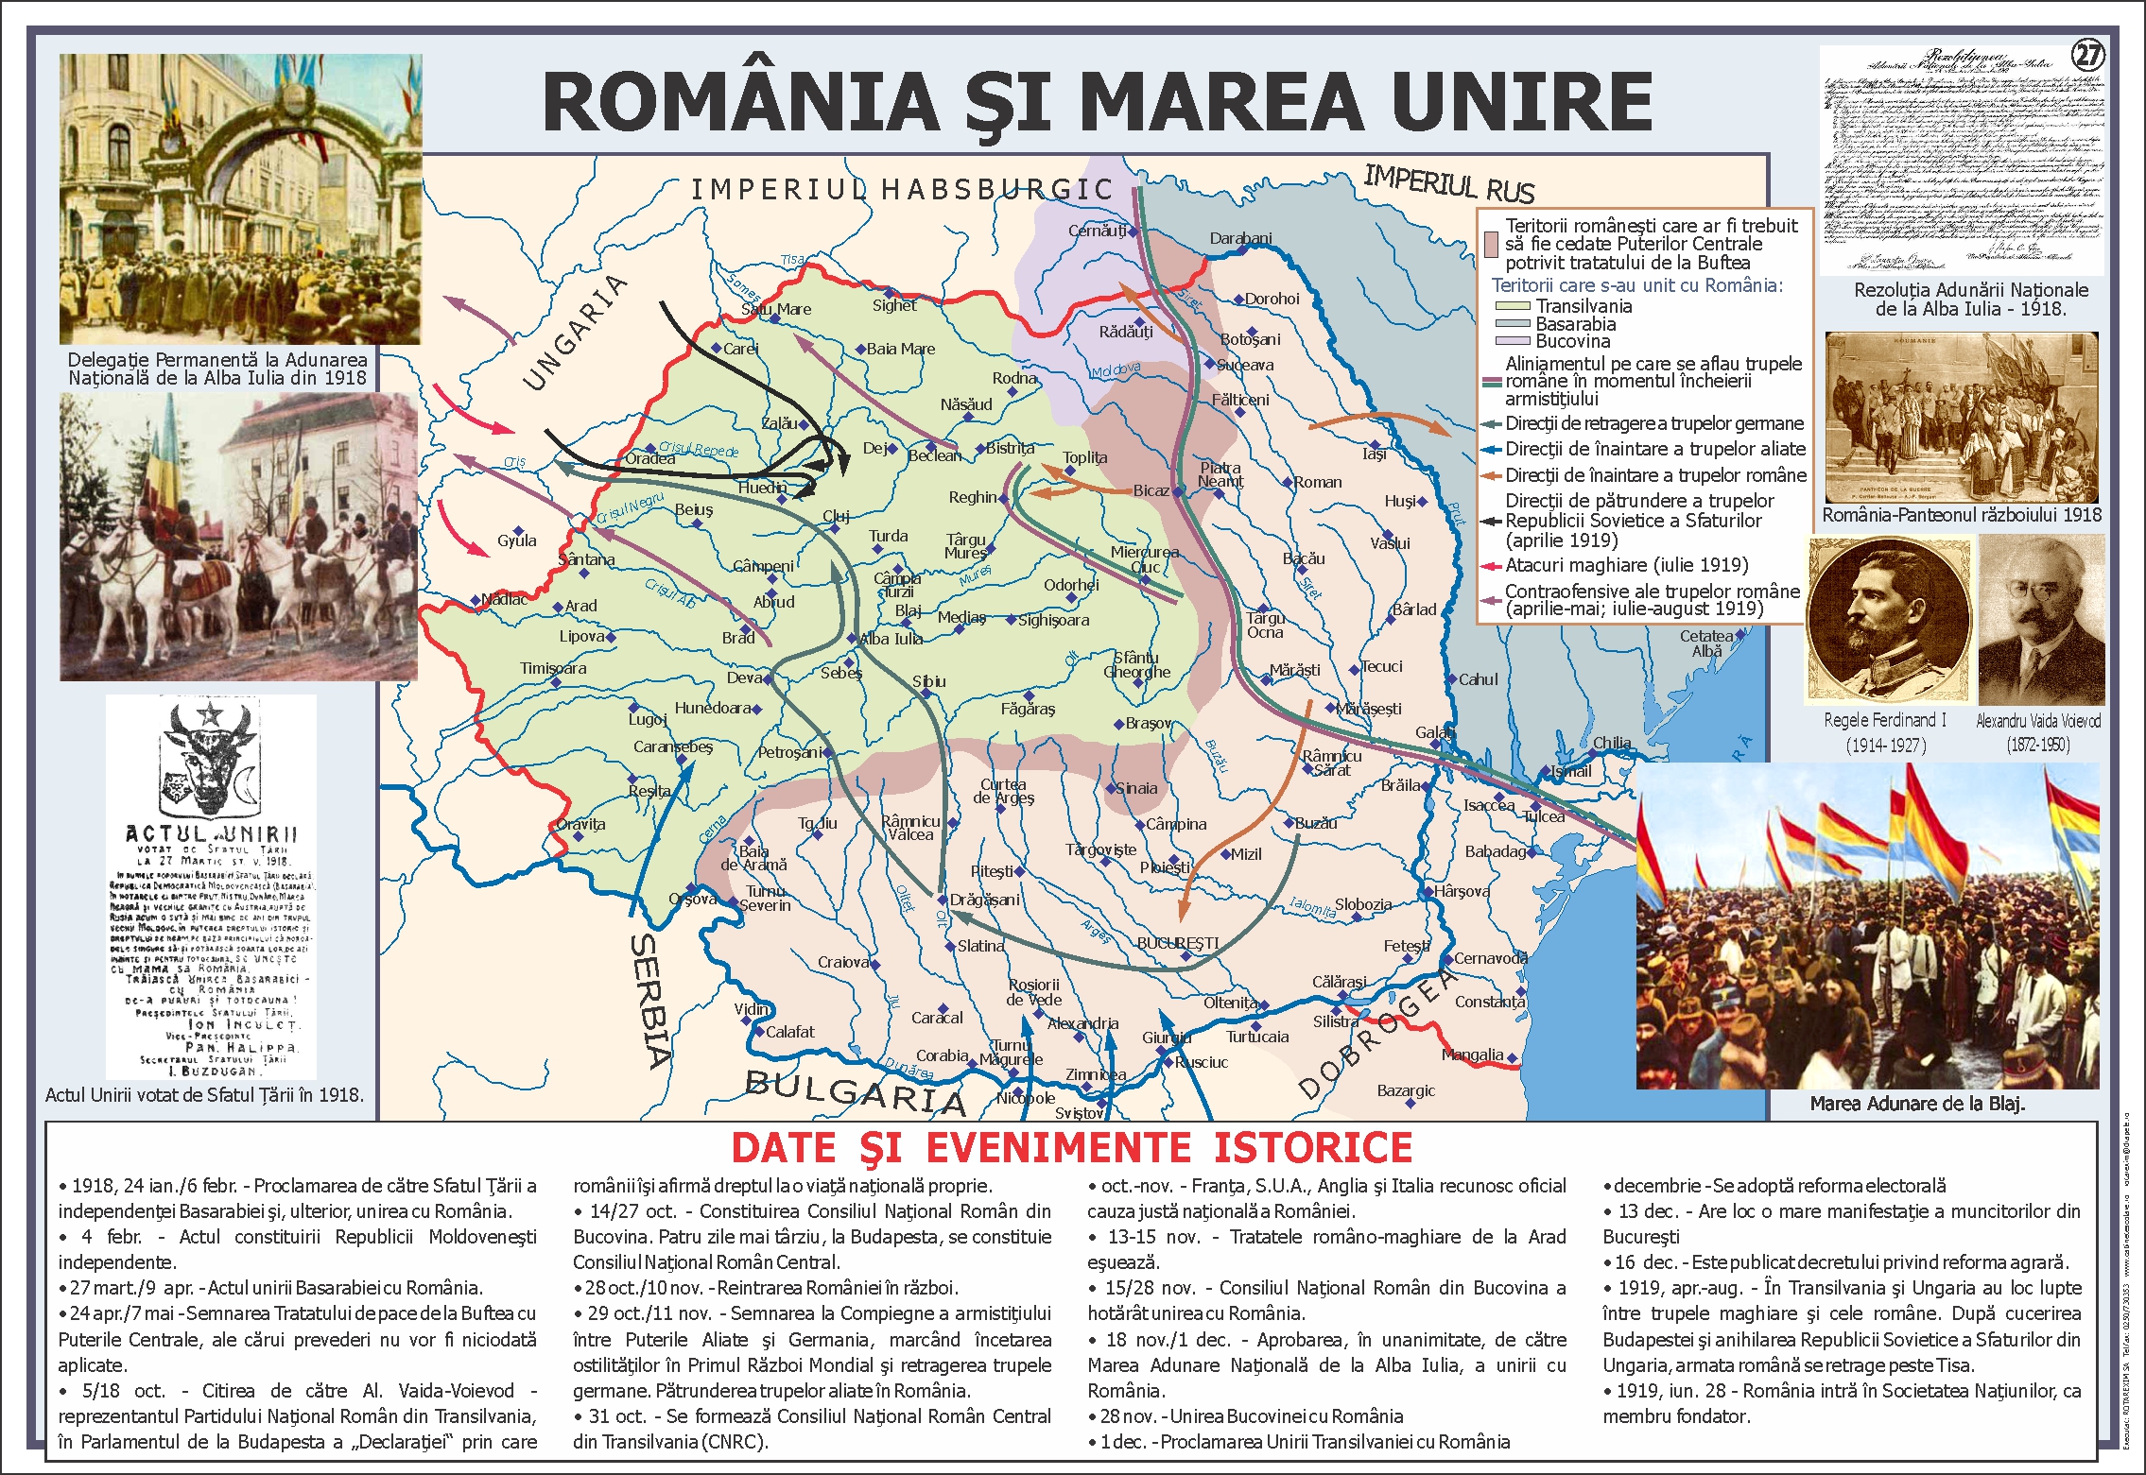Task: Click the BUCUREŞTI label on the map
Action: click(x=1177, y=943)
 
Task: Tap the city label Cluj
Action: click(x=836, y=516)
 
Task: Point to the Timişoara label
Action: click(x=553, y=668)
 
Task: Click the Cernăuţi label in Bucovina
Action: click(x=1097, y=231)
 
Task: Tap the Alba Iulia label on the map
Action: click(x=891, y=639)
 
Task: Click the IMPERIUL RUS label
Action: click(x=1448, y=182)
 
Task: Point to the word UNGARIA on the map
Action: click(x=574, y=333)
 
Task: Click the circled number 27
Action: click(x=2087, y=56)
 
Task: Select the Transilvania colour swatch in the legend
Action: click(x=1512, y=306)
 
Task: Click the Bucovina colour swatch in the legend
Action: click(x=1512, y=341)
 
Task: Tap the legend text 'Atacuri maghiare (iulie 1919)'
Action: click(x=1626, y=565)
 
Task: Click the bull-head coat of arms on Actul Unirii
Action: click(x=210, y=756)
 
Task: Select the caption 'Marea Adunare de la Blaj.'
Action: click(x=1917, y=1104)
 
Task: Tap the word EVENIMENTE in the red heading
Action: click(x=1059, y=1148)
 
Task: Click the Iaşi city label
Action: click(x=1374, y=454)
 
